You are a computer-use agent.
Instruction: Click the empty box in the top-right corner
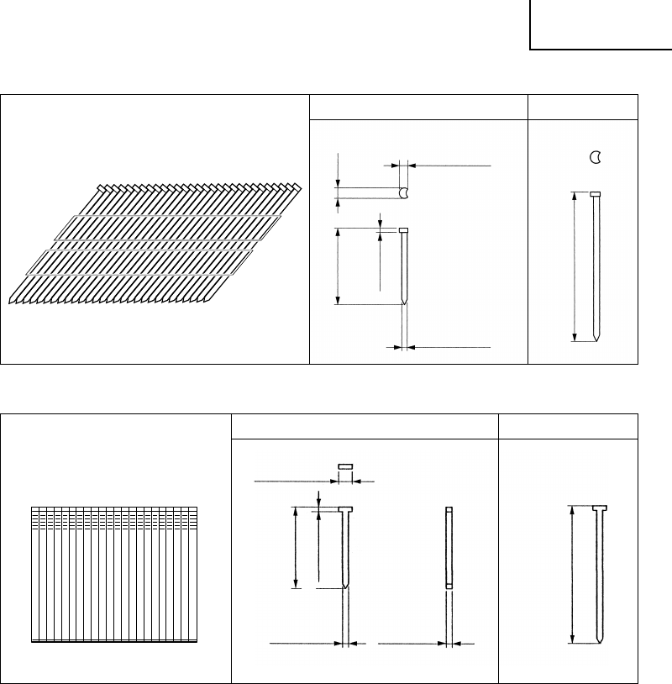tap(601, 24)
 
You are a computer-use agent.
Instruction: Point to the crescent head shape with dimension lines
tap(405, 192)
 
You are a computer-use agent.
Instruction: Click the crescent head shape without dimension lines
tap(595, 156)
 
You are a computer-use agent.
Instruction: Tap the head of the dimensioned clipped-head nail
tap(403, 230)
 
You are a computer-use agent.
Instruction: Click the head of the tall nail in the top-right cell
tap(595, 194)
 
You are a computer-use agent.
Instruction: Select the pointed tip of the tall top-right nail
tap(596, 338)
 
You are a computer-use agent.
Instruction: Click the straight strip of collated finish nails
tap(113, 574)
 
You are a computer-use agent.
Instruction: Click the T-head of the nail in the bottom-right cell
tap(599, 508)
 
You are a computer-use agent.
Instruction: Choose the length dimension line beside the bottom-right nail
tap(571, 575)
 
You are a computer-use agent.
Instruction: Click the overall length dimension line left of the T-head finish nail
tap(296, 547)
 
